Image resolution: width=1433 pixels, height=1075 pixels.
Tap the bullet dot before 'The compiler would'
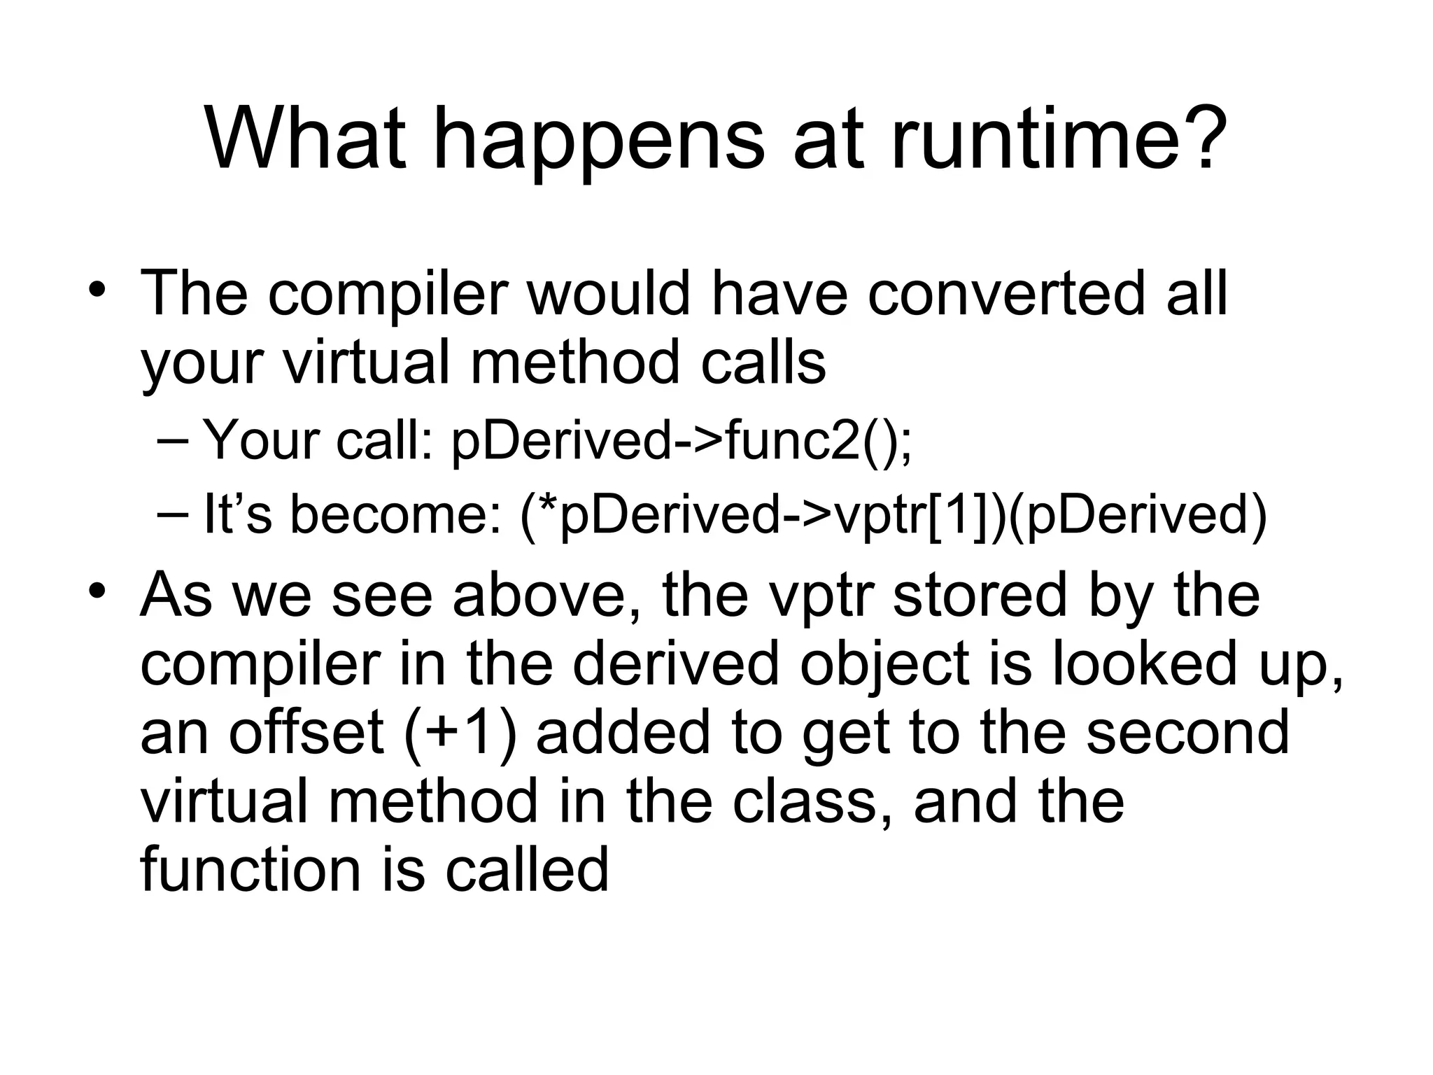[97, 289]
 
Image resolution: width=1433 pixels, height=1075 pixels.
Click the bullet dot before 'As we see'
[97, 589]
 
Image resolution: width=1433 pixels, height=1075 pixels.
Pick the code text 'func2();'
[819, 441]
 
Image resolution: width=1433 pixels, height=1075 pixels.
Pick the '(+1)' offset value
[461, 732]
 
